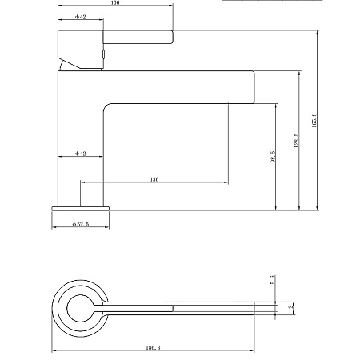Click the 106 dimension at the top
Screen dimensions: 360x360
pyautogui.click(x=116, y=3)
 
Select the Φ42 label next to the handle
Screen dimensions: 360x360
pyautogui.click(x=81, y=17)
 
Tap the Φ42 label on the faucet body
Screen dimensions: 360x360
pyautogui.click(x=81, y=152)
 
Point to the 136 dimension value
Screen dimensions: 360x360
pyautogui.click(x=154, y=179)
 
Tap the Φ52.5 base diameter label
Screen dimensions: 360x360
pyautogui.click(x=80, y=225)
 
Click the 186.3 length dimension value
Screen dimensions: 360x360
pyautogui.click(x=154, y=348)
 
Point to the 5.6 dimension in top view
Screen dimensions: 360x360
pyautogui.click(x=273, y=280)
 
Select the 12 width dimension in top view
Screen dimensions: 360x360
pyautogui.click(x=291, y=307)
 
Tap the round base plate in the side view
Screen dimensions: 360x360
pyautogui.click(x=80, y=208)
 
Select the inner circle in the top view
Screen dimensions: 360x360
pyautogui.click(x=81, y=307)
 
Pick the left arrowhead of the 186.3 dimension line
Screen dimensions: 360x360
pyautogui.click(x=54, y=352)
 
